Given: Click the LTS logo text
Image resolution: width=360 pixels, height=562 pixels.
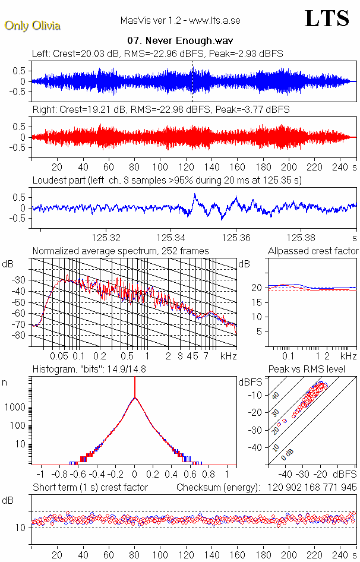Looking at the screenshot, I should point(326,18).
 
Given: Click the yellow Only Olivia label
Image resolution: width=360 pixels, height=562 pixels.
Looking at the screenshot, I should point(32,26).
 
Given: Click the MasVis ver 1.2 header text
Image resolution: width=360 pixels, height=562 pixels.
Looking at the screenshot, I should point(180,20).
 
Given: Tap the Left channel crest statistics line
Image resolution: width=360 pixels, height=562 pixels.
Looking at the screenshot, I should point(157,53).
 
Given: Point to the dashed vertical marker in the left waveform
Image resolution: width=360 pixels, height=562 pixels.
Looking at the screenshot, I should point(192,80).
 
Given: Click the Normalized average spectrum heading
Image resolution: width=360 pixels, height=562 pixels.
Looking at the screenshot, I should point(121,251).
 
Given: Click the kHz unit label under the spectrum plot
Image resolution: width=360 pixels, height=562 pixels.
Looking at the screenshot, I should point(229,356).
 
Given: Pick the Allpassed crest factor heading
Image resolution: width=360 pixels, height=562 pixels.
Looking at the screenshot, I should point(313,251).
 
